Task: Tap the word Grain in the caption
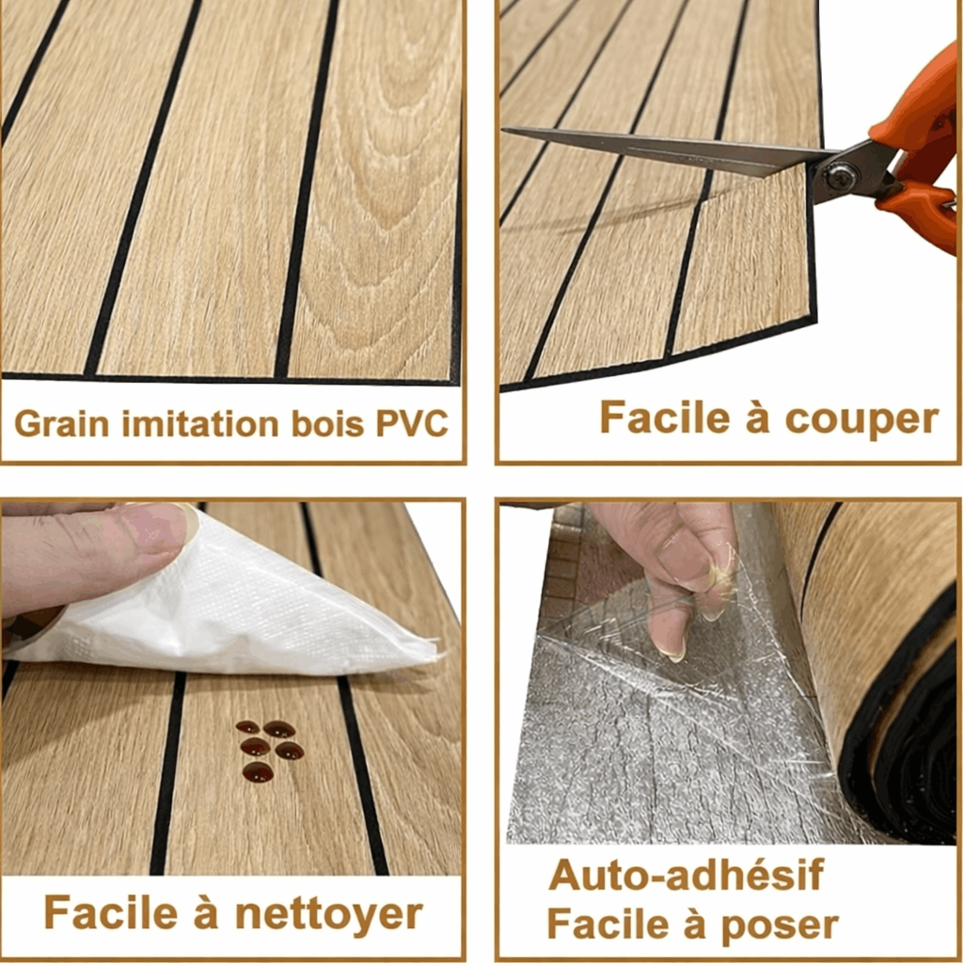coord(61,423)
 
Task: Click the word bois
coord(327,423)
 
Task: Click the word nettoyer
coord(329,913)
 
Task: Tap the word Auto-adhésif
coord(686,875)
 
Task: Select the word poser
coord(780,926)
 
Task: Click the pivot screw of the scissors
coord(840,176)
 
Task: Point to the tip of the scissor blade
coord(504,130)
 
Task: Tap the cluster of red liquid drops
coord(269,750)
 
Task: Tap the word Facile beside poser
coord(608,925)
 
